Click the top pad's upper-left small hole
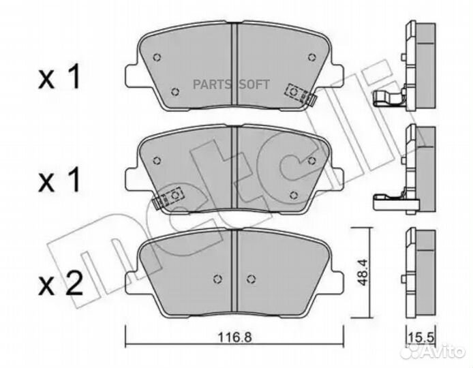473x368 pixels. pyautogui.click(x=157, y=57)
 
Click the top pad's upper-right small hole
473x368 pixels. pyautogui.click(x=312, y=57)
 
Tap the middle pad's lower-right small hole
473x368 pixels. pyautogui.click(x=294, y=194)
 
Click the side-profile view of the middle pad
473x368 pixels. pyautogui.click(x=416, y=167)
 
